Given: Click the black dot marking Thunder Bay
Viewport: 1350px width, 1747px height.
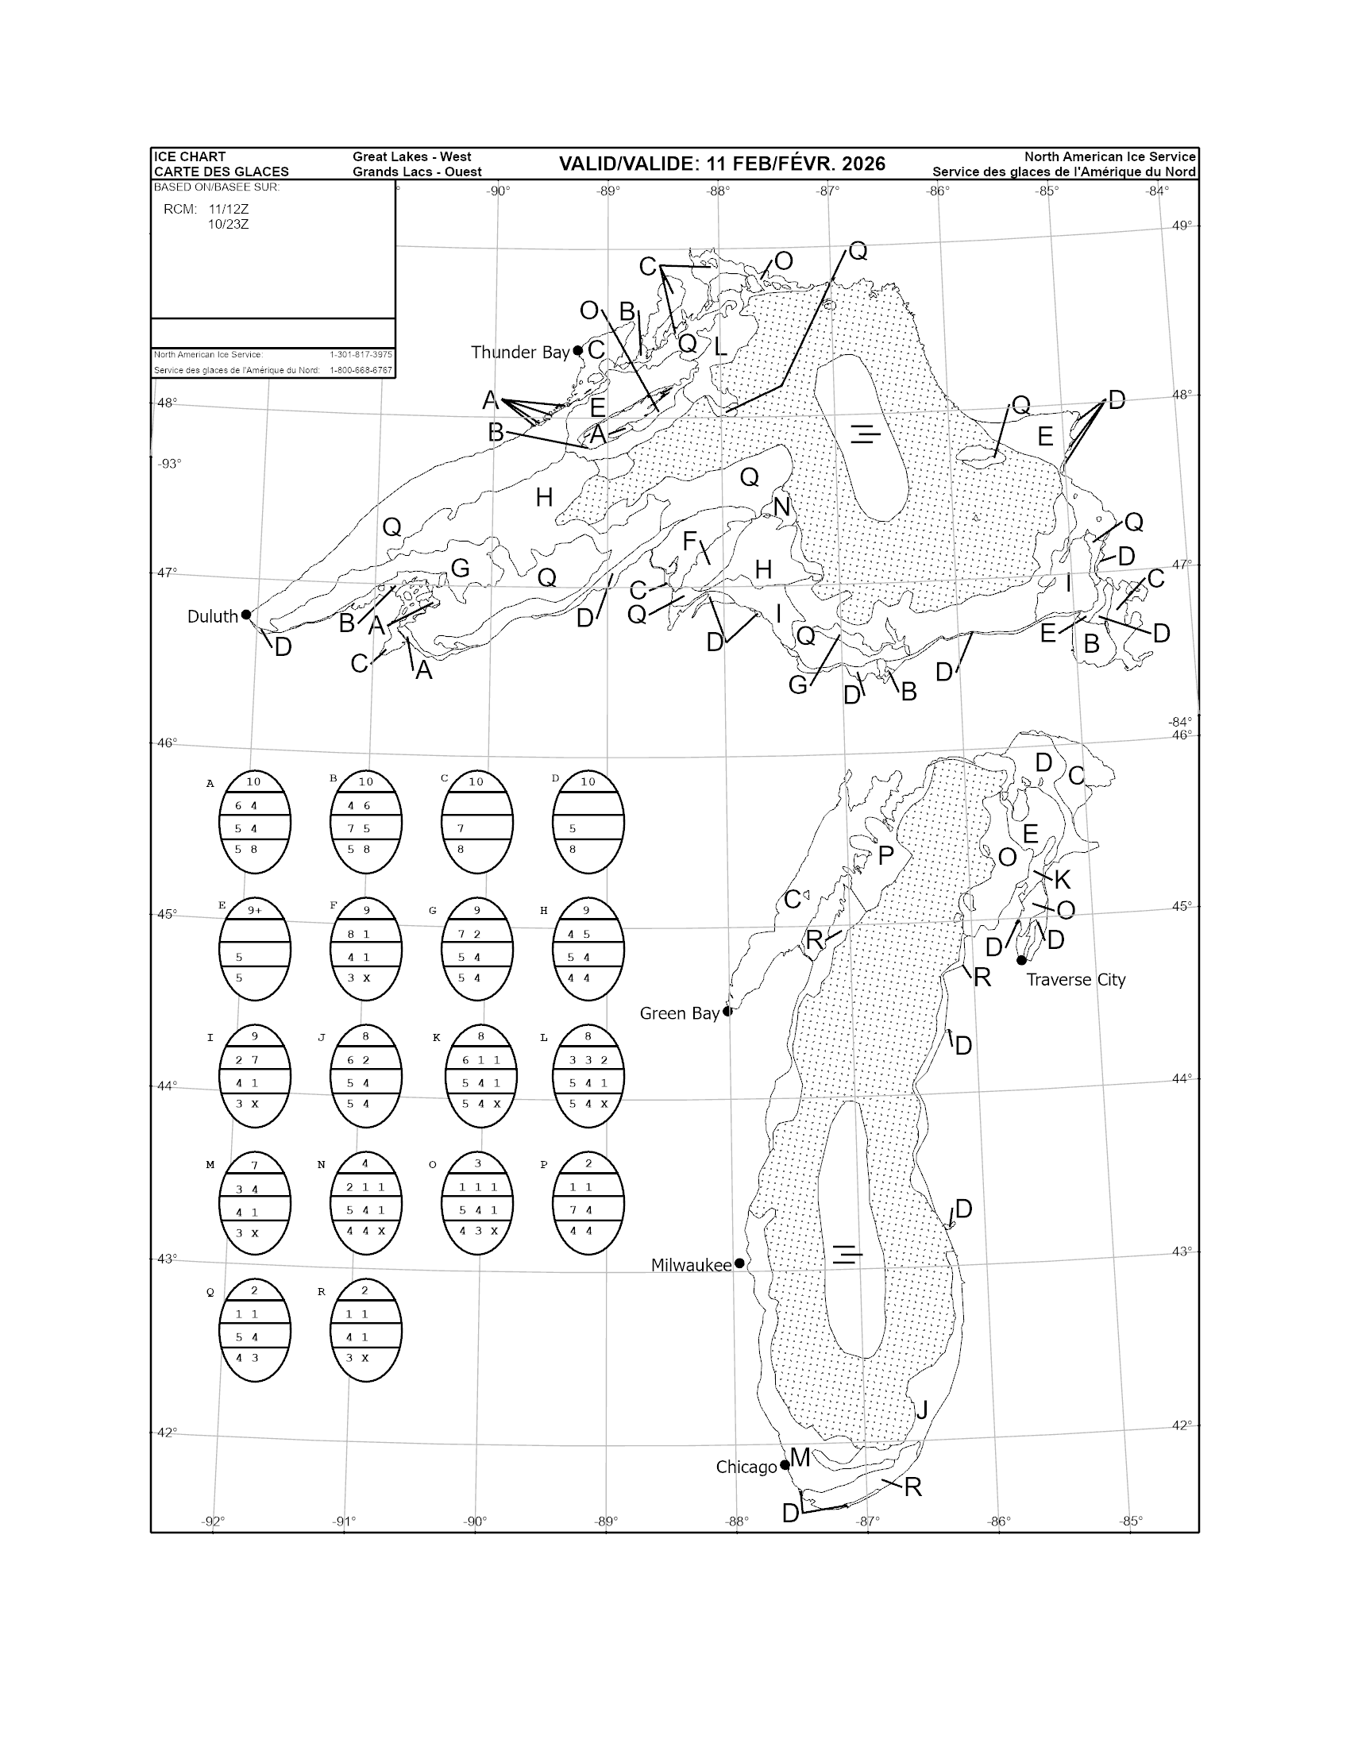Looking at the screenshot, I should (577, 350).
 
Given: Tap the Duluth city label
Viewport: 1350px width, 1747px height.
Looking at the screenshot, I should (213, 616).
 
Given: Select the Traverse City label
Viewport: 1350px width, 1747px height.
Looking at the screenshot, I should (1076, 980).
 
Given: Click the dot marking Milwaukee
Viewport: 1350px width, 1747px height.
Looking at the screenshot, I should (740, 1264).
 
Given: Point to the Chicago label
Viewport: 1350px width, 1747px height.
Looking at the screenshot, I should (746, 1467).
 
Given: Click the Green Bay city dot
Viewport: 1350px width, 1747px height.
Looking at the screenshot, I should (727, 1011).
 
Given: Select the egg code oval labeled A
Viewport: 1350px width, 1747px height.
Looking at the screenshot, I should (254, 823).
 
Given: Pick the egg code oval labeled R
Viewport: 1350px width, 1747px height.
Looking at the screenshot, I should (365, 1329).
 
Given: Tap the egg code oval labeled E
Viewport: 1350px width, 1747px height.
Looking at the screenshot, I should (254, 949).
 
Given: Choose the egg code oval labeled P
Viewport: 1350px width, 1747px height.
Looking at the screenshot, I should (588, 1203).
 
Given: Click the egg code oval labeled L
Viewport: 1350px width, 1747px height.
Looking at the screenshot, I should (588, 1076).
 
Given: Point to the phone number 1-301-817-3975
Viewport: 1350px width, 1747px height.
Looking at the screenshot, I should (361, 354).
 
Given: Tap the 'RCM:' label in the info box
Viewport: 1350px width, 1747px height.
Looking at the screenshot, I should (180, 210).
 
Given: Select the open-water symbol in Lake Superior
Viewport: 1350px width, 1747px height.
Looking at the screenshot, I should (865, 434).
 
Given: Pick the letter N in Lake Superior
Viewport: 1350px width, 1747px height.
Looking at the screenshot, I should (781, 507).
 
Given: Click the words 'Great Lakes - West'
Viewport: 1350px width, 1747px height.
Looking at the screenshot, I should (412, 156).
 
